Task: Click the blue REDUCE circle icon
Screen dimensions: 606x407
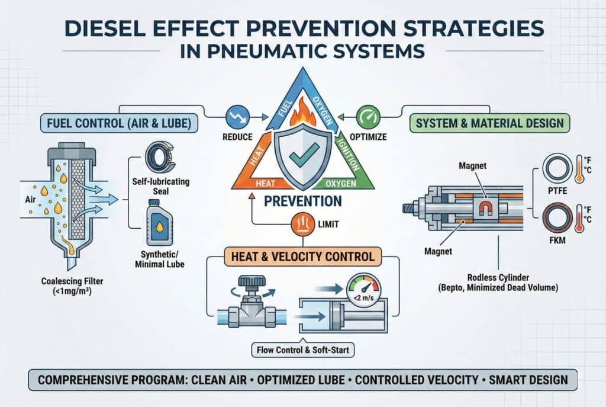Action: click(237, 117)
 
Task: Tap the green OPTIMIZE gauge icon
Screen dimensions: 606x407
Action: click(368, 117)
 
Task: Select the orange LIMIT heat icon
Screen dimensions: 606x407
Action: click(303, 224)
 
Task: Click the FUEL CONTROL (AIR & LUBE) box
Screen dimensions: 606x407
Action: click(119, 123)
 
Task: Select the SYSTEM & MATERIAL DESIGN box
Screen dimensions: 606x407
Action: click(489, 123)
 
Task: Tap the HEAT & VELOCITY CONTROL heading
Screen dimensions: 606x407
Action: click(303, 257)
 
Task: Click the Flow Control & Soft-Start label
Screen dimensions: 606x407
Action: click(303, 350)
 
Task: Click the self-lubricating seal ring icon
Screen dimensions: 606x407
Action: click(160, 157)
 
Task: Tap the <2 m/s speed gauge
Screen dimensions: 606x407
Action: click(364, 290)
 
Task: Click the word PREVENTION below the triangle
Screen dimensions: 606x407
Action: click(303, 201)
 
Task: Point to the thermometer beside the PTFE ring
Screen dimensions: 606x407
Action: click(579, 169)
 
